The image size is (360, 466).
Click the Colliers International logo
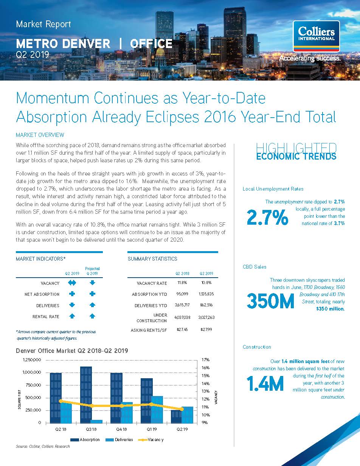316,36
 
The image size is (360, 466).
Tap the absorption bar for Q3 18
86,395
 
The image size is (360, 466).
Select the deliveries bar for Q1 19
157,410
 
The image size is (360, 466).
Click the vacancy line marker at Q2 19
182,409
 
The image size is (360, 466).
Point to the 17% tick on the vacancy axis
205,360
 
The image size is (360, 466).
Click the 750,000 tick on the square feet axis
33,385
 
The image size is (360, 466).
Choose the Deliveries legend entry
119,440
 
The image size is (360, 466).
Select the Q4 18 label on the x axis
121,429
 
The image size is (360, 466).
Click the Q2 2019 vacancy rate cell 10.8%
206,283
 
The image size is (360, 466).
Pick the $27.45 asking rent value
182,329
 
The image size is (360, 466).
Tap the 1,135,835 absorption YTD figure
206,294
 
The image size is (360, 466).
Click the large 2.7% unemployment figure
267,217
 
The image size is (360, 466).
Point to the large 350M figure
270,301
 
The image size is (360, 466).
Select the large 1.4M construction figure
265,383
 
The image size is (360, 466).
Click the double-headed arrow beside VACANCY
72,283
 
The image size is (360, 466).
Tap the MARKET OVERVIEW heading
40,135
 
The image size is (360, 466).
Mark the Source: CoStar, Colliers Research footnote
43,446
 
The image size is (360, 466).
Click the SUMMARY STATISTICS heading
152,259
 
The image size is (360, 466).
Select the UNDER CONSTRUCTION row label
152,318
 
